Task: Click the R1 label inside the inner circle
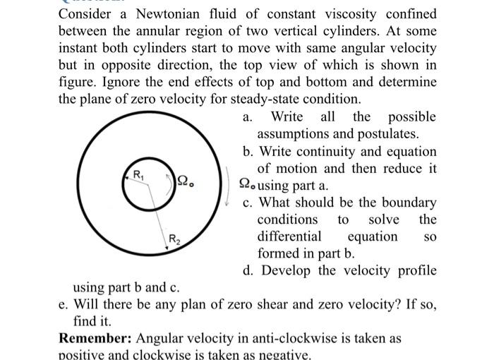pos(138,174)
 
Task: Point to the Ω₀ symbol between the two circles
pos(185,181)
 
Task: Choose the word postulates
pos(390,133)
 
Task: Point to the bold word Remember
pos(93,339)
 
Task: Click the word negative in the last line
pos(282,354)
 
